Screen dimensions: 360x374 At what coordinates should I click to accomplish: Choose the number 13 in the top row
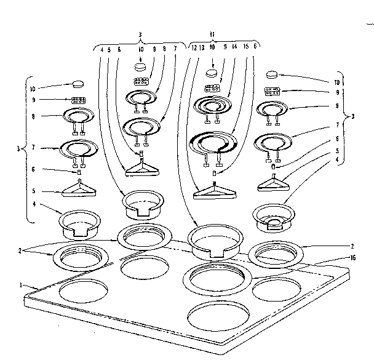(201, 47)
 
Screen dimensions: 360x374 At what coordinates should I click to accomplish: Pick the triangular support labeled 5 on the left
(79, 191)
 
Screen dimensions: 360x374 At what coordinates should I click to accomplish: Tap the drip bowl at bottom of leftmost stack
(79, 225)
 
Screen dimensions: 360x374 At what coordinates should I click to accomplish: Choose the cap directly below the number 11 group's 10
(212, 73)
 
